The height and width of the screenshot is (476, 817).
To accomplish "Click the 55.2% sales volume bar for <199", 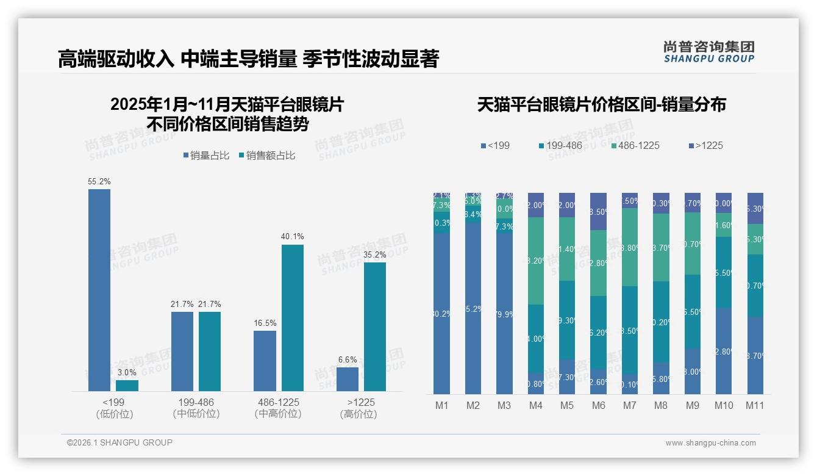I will (99, 290).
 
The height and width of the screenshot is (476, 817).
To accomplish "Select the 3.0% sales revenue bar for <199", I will (127, 386).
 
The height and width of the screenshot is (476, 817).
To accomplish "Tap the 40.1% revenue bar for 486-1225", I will (292, 317).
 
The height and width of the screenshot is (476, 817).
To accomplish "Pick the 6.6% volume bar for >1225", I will (347, 379).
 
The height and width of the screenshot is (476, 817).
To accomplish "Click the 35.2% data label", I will (374, 255).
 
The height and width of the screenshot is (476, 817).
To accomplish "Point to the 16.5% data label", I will (265, 323).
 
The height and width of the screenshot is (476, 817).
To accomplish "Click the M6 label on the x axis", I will (598, 405).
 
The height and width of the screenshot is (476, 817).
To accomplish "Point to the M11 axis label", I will (754, 405).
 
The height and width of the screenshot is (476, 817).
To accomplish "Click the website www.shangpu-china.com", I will (710, 443).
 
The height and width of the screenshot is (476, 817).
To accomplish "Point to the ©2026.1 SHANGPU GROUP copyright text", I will (120, 442).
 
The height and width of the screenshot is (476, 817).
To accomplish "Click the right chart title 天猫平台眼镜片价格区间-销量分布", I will (601, 105).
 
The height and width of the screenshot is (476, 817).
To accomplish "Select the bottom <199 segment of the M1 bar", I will (441, 314).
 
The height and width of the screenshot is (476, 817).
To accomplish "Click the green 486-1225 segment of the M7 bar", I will (630, 247).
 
